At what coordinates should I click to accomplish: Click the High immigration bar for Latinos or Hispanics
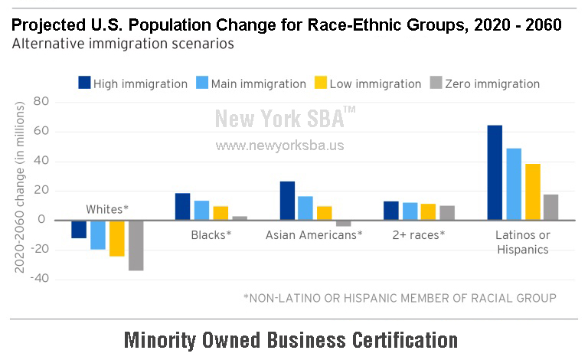(x=495, y=172)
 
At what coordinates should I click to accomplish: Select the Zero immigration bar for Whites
(x=136, y=246)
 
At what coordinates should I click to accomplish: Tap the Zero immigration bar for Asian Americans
(x=344, y=224)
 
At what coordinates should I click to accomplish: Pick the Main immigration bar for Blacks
(x=202, y=211)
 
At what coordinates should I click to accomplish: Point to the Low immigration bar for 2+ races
(x=428, y=212)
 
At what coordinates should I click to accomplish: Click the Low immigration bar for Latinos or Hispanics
(x=533, y=191)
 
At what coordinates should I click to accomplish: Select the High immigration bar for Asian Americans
(x=287, y=201)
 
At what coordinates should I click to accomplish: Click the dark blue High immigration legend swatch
(x=84, y=83)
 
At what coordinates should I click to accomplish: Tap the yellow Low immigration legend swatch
(x=321, y=83)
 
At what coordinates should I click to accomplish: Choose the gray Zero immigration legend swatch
(x=436, y=83)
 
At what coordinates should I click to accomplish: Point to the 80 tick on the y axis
(x=41, y=101)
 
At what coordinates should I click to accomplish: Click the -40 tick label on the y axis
(x=39, y=278)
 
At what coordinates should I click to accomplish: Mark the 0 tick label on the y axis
(x=41, y=219)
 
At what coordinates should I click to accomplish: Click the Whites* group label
(x=107, y=209)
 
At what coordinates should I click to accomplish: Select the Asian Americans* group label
(x=314, y=234)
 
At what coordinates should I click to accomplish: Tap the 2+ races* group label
(x=419, y=234)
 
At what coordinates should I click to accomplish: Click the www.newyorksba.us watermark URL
(x=279, y=146)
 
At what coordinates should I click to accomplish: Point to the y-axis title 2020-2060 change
(x=19, y=188)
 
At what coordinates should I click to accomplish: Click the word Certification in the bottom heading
(x=405, y=340)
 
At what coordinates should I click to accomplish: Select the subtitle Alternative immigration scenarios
(x=123, y=44)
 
